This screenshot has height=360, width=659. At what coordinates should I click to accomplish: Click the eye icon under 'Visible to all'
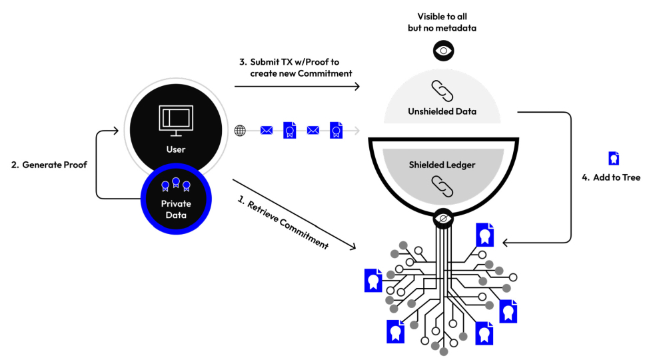[443, 50]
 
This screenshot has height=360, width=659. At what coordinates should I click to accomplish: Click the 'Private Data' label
[176, 209]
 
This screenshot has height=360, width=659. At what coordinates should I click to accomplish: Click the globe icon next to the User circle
[240, 130]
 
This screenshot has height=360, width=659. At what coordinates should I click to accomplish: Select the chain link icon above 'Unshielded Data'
[442, 91]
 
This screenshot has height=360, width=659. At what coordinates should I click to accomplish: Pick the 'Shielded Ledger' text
[442, 165]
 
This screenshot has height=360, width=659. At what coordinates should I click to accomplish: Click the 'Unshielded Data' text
[442, 111]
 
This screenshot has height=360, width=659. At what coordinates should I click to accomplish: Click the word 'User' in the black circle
[175, 149]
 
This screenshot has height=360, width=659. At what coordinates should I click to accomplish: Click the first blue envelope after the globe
[267, 130]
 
